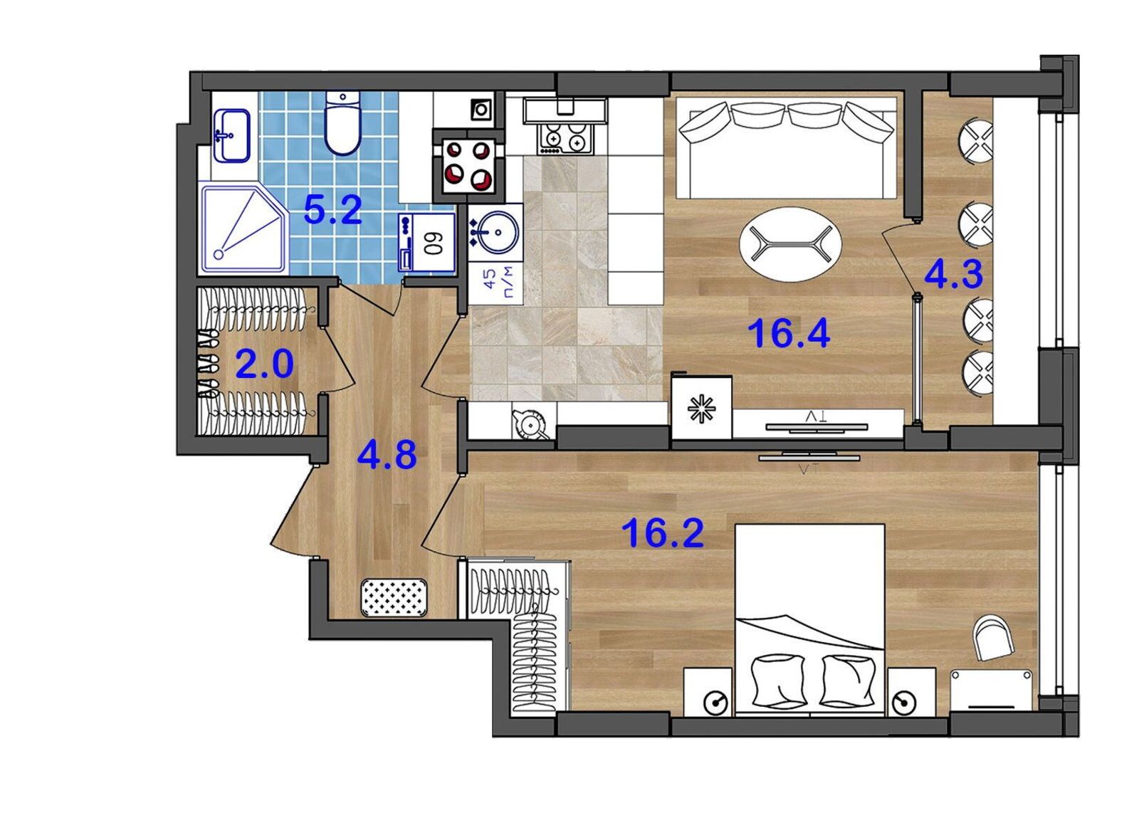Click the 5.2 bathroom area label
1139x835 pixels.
click(332, 210)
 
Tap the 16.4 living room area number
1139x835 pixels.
click(789, 334)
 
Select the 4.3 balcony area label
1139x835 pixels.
click(953, 275)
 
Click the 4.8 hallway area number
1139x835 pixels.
click(387, 455)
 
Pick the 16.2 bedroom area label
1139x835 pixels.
click(663, 533)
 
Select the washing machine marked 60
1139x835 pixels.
click(427, 242)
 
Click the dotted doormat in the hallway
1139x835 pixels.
click(394, 597)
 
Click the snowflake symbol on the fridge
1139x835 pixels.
click(701, 407)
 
